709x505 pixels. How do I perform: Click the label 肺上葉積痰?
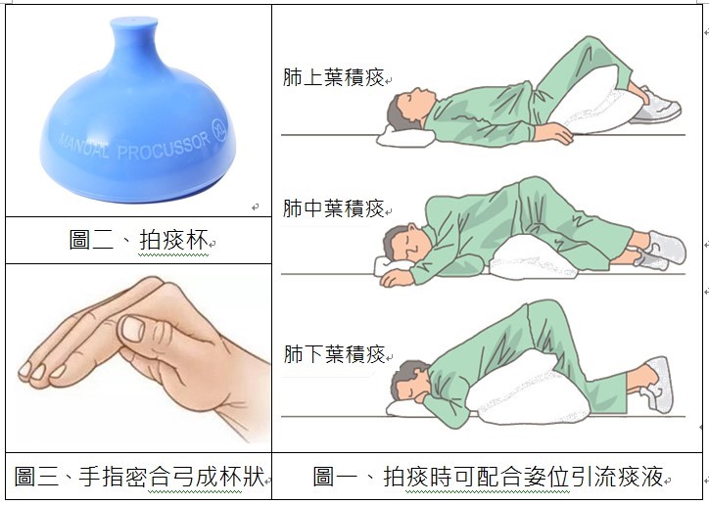point(333,76)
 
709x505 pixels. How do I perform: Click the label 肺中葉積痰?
point(333,208)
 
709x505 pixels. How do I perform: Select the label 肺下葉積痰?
point(334,353)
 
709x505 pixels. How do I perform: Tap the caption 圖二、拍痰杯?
point(138,240)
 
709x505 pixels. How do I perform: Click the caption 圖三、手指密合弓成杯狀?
point(139,476)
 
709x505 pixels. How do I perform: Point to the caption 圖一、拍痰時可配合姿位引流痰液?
point(489,477)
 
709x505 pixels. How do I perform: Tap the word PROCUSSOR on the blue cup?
point(164,147)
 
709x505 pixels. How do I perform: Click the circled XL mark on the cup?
point(219,130)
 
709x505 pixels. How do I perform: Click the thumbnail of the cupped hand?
point(133,329)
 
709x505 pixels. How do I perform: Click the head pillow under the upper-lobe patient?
point(404,135)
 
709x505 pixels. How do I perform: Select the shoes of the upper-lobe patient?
point(656,107)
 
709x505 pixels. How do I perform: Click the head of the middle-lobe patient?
point(403,244)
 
